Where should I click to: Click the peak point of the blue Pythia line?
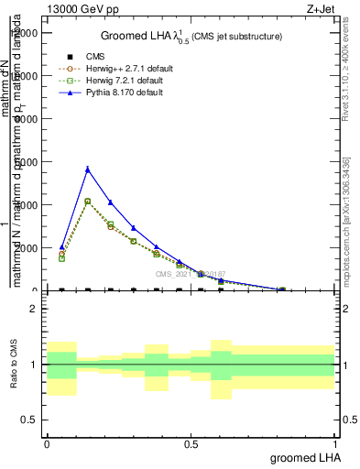[x=87, y=169]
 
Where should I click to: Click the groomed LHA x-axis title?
[x=301, y=456]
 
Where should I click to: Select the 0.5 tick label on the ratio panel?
[x=27, y=420]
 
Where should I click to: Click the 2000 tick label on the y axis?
[x=25, y=248]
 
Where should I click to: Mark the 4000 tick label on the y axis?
[x=25, y=205]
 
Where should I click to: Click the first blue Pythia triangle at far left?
[x=61, y=247]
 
